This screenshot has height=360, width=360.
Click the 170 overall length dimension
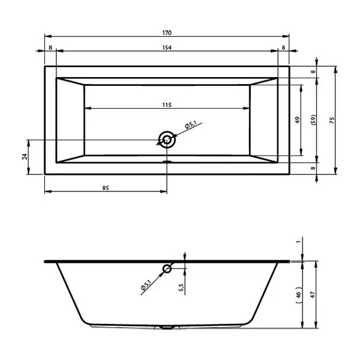pos(167,33)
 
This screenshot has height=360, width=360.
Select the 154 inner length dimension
pos(167,47)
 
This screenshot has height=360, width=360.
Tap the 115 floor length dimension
pos(167,105)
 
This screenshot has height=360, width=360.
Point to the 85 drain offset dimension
pos(105,188)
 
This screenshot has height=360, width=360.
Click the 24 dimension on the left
pos(25,157)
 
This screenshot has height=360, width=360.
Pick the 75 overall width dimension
pos(332,120)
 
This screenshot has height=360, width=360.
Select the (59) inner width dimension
pos(313,120)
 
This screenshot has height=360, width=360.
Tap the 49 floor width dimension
pos(297,120)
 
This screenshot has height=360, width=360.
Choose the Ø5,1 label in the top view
pos(191,124)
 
